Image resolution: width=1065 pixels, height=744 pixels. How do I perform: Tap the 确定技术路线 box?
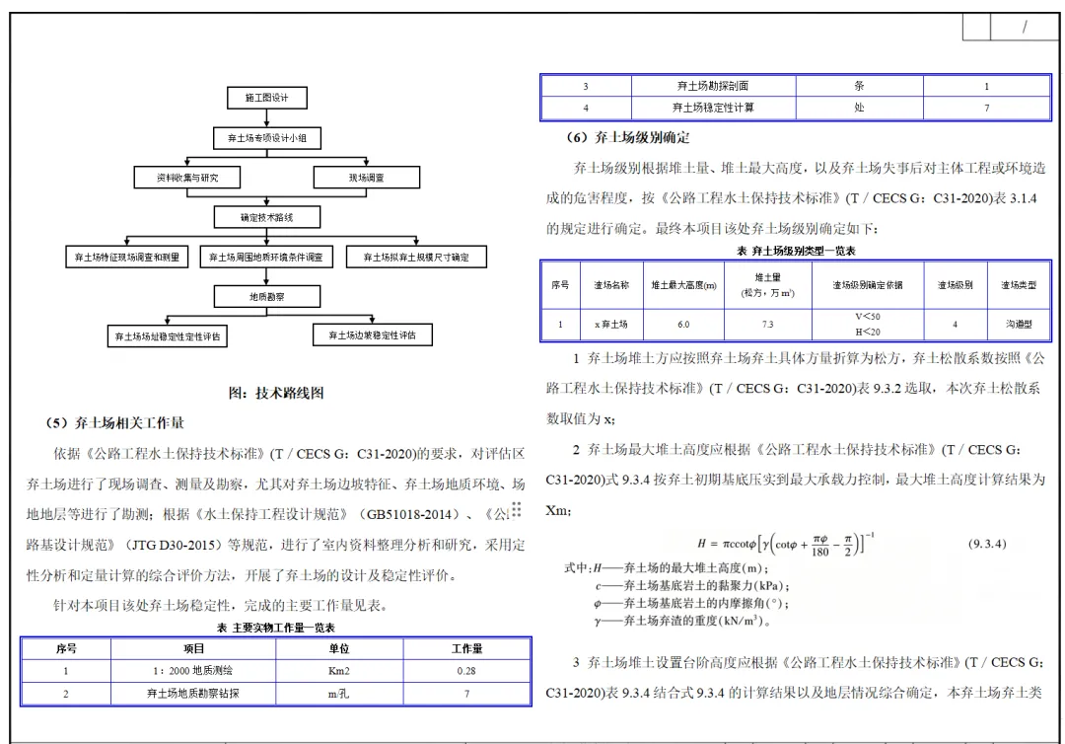[267, 216]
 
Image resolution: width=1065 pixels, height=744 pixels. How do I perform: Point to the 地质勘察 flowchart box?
[267, 296]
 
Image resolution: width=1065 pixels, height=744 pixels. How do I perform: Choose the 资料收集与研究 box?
[187, 178]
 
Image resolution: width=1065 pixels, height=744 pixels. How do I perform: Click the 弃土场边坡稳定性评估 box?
[372, 335]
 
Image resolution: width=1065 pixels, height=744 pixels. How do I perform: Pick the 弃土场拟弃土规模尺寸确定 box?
[416, 258]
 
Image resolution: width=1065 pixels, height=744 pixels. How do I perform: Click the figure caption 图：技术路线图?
[276, 393]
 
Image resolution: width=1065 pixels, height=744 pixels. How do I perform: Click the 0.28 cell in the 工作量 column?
[466, 671]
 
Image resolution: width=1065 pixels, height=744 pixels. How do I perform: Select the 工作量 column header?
[466, 648]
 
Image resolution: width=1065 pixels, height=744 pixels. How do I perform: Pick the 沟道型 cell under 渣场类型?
[1019, 324]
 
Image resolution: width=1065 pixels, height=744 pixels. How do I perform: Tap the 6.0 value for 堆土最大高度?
[683, 324]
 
